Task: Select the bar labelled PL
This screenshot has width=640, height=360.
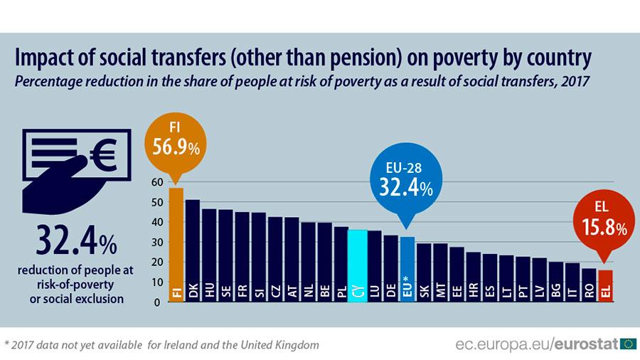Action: click(x=341, y=264)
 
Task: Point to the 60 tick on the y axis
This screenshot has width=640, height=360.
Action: click(x=157, y=182)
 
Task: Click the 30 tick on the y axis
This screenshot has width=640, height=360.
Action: click(x=157, y=242)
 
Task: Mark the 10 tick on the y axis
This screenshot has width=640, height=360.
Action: click(x=157, y=282)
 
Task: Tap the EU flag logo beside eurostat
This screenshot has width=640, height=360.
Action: click(x=628, y=344)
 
